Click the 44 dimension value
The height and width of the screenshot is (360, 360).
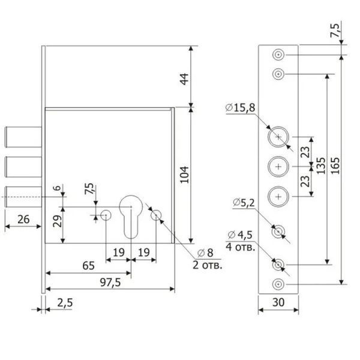click(x=184, y=79)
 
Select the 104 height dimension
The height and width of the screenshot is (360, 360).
click(x=184, y=175)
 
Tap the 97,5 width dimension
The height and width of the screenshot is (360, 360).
click(x=110, y=282)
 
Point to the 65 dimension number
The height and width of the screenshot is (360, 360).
click(x=88, y=266)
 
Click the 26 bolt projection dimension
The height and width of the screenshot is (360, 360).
click(x=23, y=219)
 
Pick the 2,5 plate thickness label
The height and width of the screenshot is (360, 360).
click(x=65, y=302)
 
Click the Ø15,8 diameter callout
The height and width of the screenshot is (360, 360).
click(x=240, y=107)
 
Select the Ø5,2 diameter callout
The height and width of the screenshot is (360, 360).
click(x=244, y=203)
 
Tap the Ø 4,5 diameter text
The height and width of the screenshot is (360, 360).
click(x=240, y=235)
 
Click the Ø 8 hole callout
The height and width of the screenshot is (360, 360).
click(x=205, y=253)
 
